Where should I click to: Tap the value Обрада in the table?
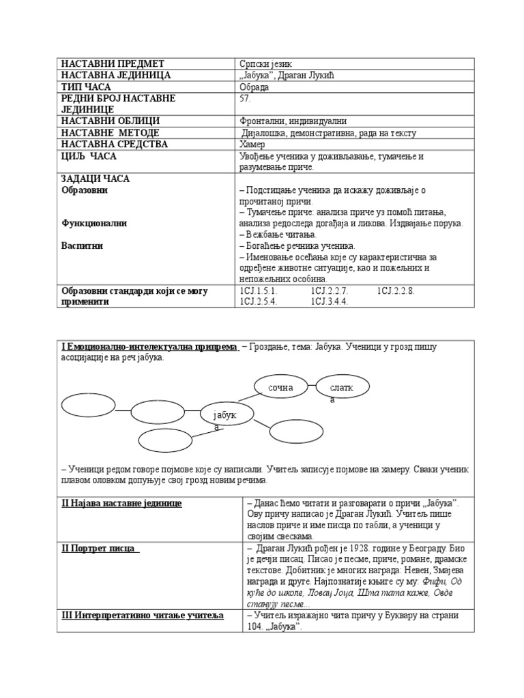pos(254,87)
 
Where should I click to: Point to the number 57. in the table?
pos(246,98)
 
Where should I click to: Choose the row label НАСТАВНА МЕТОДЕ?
pos(110,133)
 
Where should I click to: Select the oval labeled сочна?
pos(280,387)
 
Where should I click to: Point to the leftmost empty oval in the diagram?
pos(88,404)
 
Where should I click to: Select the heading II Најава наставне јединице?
pos(122,503)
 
